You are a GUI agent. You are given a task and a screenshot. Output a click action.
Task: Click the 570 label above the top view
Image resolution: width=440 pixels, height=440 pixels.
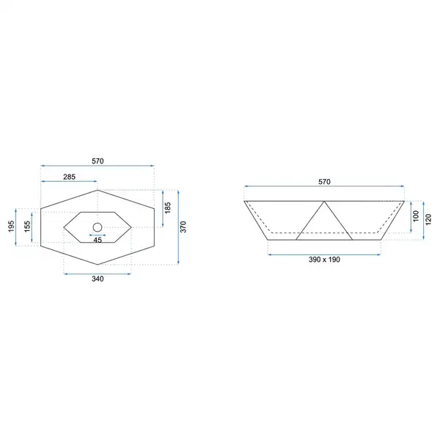98,161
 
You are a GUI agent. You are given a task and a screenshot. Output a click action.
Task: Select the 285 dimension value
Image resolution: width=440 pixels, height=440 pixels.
70,177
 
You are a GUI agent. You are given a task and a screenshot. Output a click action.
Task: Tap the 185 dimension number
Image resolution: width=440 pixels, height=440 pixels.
168,208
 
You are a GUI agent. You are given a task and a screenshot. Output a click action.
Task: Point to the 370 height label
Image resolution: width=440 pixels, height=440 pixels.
183,227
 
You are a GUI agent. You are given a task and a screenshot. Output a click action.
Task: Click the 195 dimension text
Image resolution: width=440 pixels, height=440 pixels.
11,227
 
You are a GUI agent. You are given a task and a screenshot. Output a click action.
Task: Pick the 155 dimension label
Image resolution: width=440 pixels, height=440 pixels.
27,227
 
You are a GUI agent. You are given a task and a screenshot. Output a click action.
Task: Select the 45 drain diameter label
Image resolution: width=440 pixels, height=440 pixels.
98,241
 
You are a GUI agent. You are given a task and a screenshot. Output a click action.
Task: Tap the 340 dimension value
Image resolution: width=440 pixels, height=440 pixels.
98,279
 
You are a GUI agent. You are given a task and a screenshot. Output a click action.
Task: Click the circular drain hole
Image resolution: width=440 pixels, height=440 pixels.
98,227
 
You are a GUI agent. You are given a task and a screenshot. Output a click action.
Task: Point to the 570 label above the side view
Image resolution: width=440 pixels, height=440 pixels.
324,182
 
